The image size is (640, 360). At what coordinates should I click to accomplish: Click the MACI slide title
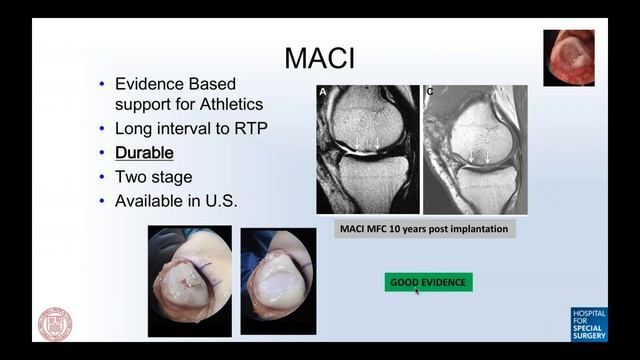pos(320,57)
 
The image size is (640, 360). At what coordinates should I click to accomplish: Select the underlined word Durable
pos(144,153)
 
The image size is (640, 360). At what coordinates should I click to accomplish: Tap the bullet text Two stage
pos(152,176)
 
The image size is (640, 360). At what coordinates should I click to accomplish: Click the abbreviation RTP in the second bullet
pos(244,129)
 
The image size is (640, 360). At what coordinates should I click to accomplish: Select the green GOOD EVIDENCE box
pos(428,282)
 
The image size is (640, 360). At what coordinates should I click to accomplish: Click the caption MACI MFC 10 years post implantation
pos(423,229)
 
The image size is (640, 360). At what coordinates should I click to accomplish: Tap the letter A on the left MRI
pos(323,91)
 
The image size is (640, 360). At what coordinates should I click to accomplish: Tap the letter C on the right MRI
pos(430,91)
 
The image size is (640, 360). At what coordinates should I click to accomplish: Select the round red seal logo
pos(55,324)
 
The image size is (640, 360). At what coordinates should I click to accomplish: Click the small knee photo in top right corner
pos(569,57)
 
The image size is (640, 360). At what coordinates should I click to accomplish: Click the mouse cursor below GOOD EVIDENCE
pos(417,291)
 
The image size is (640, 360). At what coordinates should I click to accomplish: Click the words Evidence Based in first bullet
pos(174,84)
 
